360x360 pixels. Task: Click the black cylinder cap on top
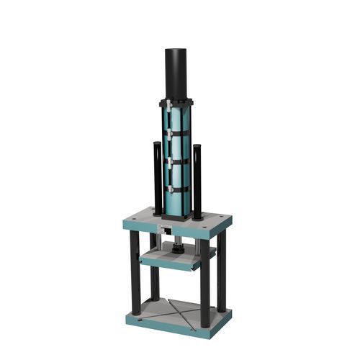coord(176,72)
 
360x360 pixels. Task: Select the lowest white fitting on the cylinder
coord(167,188)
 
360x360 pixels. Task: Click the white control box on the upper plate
coord(166,230)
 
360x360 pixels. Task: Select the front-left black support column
coord(135,274)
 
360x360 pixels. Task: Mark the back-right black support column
coord(221,270)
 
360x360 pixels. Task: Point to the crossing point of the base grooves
coord(175,312)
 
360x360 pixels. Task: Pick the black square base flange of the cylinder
coord(177,215)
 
